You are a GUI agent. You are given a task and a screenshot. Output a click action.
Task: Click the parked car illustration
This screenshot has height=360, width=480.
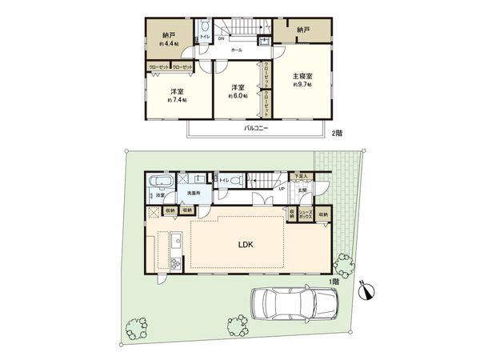(x=293, y=304)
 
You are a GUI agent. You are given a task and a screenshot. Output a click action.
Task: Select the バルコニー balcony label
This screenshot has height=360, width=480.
(x=256, y=128)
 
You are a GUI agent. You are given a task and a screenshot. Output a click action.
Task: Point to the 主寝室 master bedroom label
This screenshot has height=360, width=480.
(x=302, y=77)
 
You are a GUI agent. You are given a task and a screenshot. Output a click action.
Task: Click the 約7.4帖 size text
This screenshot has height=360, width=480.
(x=177, y=100)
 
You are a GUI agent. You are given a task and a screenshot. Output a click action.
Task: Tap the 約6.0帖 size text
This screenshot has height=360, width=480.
(x=238, y=95)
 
